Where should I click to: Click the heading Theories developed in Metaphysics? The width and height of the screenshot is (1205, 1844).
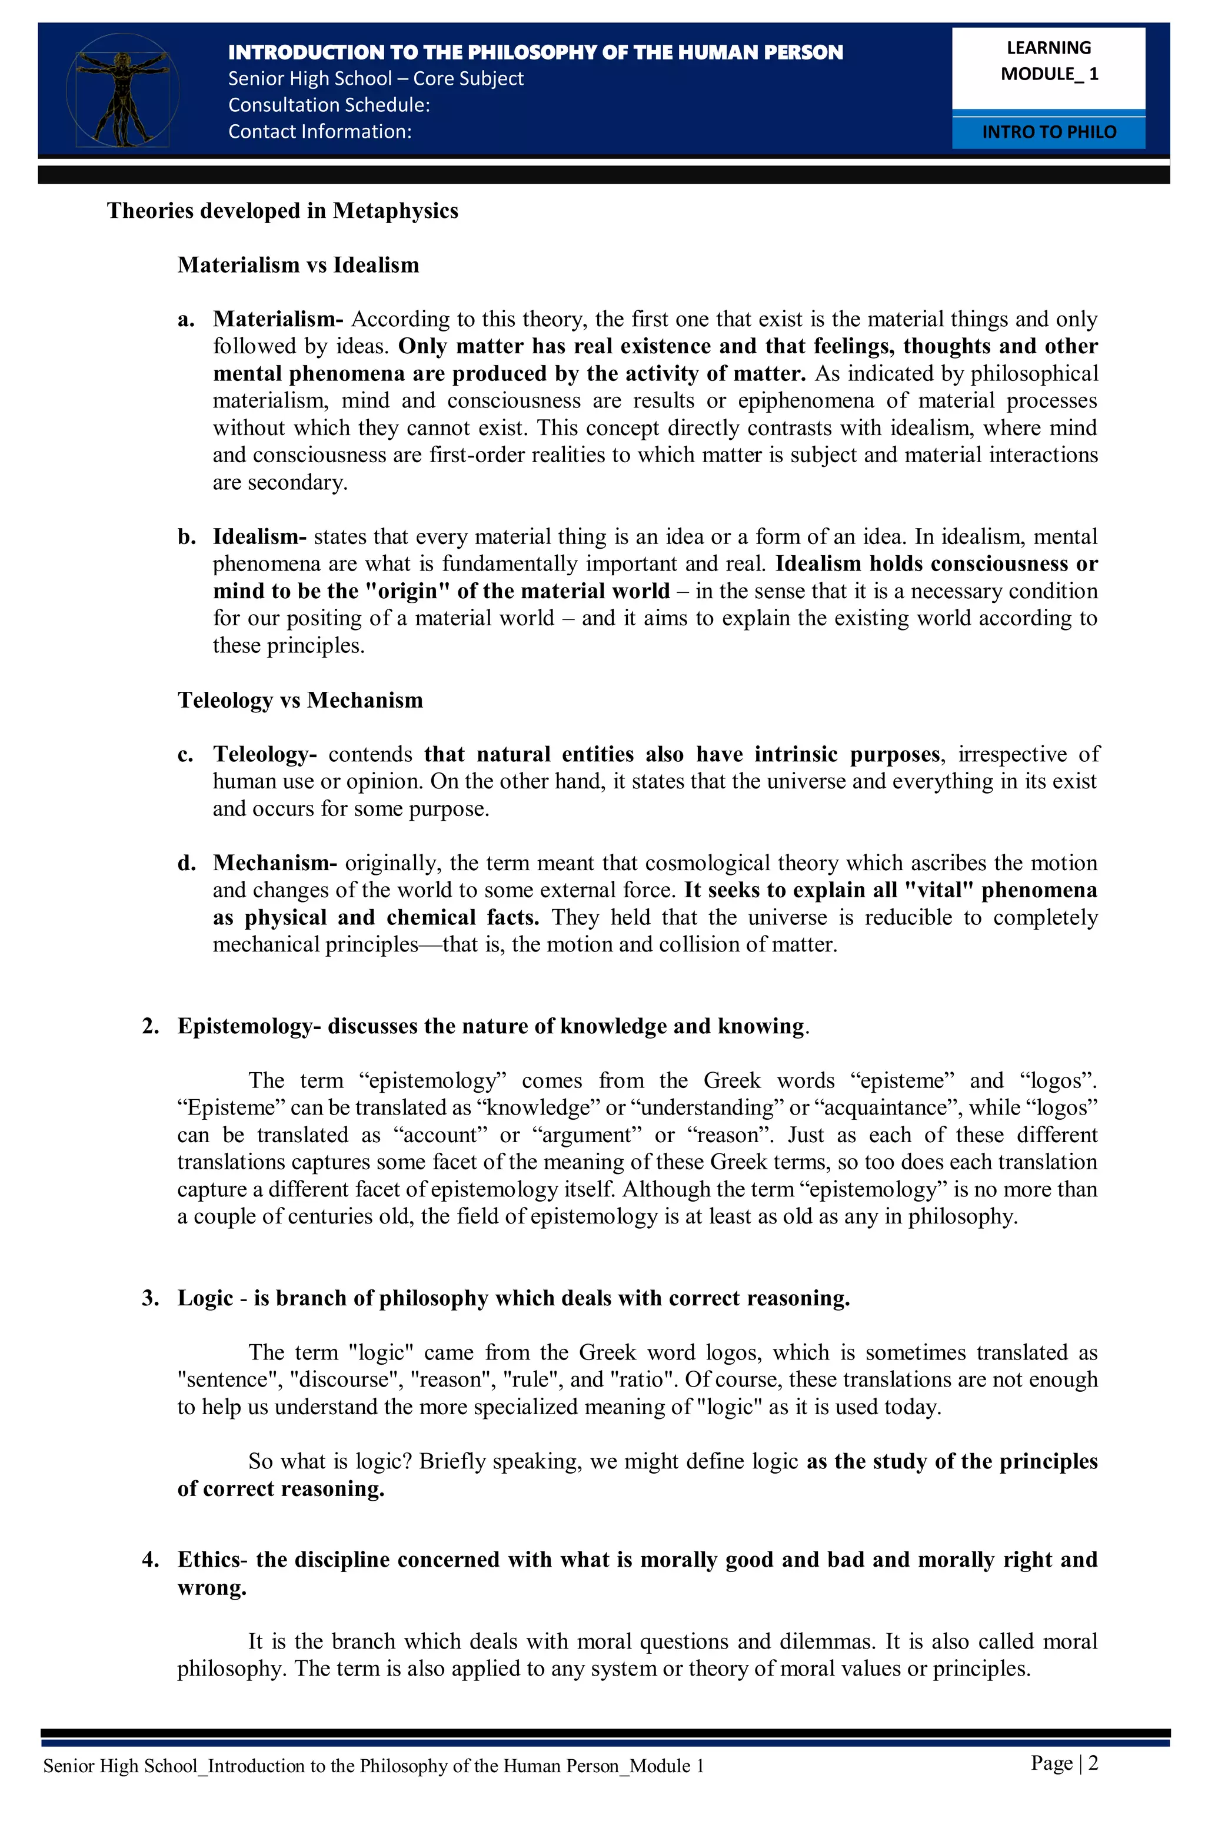coord(282,211)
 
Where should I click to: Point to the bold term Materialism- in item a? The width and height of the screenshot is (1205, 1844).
coord(277,319)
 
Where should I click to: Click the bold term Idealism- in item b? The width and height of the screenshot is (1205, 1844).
coord(259,537)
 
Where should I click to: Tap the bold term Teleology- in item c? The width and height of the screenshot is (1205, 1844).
coord(265,755)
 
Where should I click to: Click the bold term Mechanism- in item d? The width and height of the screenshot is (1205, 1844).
coord(274,863)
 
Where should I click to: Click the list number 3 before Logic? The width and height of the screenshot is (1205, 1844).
coord(149,1299)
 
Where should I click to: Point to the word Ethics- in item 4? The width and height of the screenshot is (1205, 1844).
coord(212,1560)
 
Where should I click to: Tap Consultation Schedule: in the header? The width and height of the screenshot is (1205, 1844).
coord(328,105)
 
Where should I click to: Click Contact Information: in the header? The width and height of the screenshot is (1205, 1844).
coord(319,132)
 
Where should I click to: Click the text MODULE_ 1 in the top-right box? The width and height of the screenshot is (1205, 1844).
coord(1048,74)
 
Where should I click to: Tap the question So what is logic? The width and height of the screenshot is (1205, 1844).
coord(330,1462)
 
